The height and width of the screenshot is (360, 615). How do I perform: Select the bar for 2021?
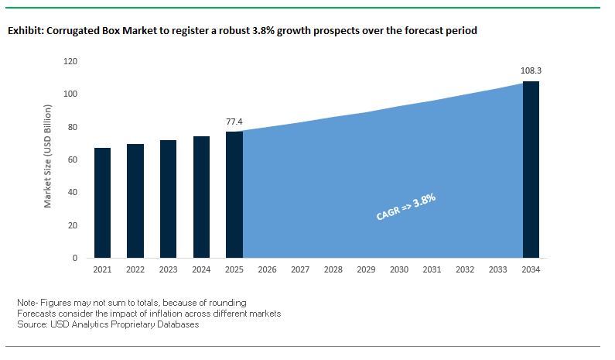pos(102,203)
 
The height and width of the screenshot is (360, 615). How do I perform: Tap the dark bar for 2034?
pos(531,170)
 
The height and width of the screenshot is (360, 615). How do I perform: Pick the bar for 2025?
pos(234,194)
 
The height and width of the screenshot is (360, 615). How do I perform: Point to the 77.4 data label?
pos(234,122)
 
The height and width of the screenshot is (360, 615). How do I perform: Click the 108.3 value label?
pos(531,70)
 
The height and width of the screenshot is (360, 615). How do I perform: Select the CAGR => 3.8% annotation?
pos(406,207)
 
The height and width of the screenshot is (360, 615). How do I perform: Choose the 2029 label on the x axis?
pos(366,270)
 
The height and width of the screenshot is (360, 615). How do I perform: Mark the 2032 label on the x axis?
pos(465,270)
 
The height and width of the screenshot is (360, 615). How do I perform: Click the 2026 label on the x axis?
pos(267,270)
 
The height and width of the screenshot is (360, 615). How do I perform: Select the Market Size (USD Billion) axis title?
pos(48,159)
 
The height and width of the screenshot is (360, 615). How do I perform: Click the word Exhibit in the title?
pos(26,32)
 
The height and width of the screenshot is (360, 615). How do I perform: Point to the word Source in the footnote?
pos(32,324)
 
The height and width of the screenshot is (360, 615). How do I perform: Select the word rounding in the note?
pos(228,301)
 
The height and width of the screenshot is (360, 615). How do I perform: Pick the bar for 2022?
pos(135,201)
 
